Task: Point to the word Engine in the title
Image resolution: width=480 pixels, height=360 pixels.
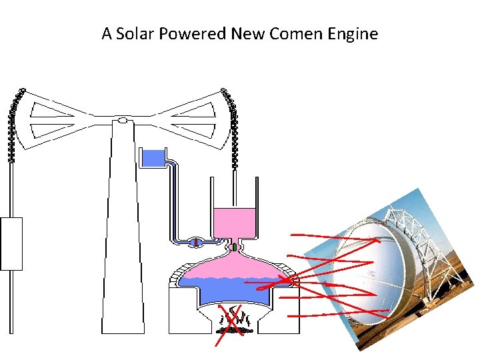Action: click(x=354, y=33)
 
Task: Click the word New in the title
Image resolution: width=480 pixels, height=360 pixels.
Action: click(x=248, y=33)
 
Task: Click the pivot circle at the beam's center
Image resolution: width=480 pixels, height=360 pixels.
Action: click(x=123, y=121)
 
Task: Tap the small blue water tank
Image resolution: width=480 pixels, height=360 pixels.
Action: click(x=153, y=158)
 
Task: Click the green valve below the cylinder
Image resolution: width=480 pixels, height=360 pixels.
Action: click(x=235, y=247)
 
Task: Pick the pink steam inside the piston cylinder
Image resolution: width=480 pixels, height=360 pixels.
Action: click(x=234, y=221)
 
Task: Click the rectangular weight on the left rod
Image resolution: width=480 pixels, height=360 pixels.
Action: click(x=11, y=243)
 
